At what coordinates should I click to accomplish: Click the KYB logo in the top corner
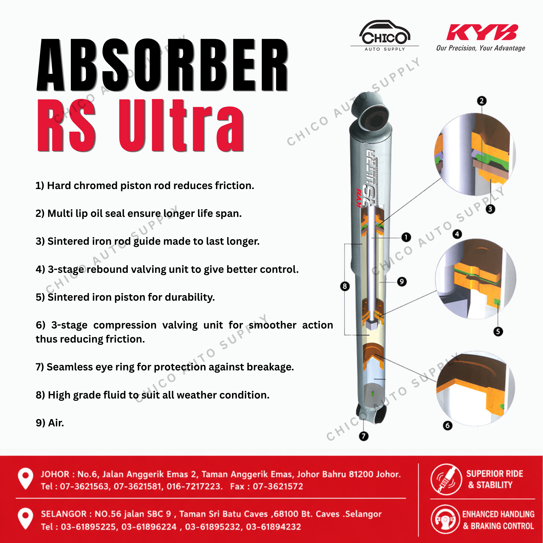click(482, 32)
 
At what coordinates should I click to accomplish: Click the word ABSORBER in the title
click(163, 65)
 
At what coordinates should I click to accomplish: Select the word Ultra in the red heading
click(182, 125)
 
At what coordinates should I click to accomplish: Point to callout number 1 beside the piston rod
click(406, 237)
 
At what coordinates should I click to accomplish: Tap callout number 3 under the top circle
click(491, 209)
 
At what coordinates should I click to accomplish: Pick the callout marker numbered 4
click(457, 234)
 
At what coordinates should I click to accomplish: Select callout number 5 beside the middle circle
click(498, 332)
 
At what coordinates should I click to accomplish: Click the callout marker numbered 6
click(448, 426)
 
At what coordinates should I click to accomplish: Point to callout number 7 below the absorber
click(364, 436)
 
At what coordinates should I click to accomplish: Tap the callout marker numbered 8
click(345, 286)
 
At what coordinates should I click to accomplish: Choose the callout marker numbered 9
click(402, 282)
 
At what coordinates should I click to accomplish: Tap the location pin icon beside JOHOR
click(25, 479)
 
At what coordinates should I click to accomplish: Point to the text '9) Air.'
click(50, 423)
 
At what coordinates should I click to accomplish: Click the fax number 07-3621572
click(278, 487)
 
